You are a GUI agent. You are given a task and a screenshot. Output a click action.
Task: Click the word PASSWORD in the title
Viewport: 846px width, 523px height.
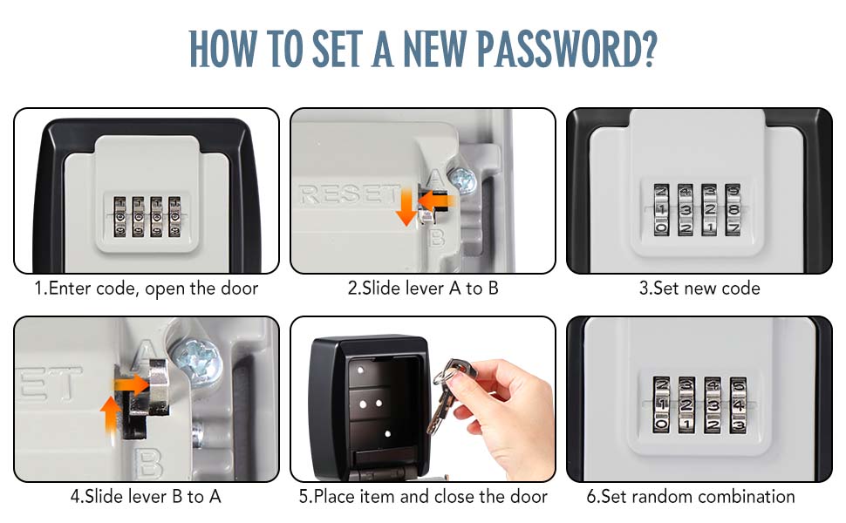567,49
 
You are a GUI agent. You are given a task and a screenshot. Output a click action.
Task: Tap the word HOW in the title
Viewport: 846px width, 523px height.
222,49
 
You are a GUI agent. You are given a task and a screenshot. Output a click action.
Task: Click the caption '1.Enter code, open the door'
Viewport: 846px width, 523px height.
147,289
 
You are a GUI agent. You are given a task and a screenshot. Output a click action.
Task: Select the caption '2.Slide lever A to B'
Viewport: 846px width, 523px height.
422,288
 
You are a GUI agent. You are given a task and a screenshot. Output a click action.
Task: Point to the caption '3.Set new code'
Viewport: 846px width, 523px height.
699,288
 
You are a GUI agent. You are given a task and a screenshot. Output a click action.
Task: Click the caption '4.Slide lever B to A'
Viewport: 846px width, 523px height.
146,496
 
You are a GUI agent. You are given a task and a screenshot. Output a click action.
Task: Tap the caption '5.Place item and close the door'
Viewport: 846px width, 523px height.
423,496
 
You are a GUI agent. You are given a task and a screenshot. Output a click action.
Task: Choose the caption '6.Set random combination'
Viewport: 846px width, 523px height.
691,496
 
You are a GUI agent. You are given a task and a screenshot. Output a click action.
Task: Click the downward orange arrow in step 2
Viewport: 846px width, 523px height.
406,209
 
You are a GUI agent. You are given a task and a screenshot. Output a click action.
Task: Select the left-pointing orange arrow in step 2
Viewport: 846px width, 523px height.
436,200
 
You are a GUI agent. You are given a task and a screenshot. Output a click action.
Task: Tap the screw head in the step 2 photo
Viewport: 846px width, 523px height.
462,180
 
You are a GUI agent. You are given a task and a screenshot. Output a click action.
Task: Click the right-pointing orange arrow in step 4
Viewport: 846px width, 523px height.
131,385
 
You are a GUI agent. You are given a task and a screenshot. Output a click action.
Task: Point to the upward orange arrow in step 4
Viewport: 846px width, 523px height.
110,414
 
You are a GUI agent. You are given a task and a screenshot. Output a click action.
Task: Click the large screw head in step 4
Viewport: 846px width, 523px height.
197,359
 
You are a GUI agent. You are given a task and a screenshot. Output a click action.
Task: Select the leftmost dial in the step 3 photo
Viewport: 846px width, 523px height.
661,210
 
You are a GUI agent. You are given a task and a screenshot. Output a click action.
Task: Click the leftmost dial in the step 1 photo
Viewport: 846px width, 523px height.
119,217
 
